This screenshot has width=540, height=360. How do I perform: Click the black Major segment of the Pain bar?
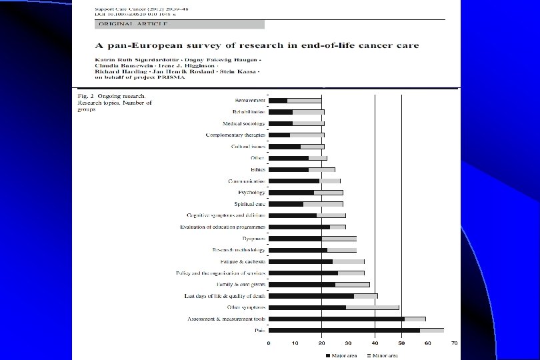pyautogui.click(x=345, y=330)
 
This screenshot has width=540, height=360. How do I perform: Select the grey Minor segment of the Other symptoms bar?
pyautogui.click(x=372, y=307)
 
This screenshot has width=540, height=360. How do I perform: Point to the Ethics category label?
pyautogui.click(x=257, y=169)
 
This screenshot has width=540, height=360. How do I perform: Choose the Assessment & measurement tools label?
pyautogui.click(x=225, y=319)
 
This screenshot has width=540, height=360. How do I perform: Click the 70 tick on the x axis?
pyautogui.click(x=454, y=343)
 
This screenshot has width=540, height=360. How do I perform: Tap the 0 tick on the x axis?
pyautogui.click(x=269, y=343)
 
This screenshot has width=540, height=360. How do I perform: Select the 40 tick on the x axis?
pyautogui.click(x=375, y=343)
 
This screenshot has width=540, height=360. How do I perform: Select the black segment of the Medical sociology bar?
pyautogui.click(x=281, y=123)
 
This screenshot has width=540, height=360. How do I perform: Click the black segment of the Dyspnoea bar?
pyautogui.click(x=295, y=238)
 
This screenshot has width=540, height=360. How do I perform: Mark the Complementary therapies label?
pyautogui.click(x=235, y=135)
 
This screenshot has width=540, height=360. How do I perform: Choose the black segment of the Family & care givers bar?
pyautogui.click(x=302, y=285)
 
